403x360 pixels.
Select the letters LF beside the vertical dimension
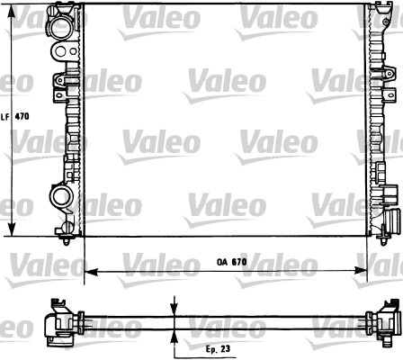click(5, 116)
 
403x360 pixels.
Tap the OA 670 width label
click(231, 262)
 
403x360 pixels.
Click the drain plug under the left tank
click(70, 238)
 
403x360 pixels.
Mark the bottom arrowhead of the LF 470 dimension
click(10, 232)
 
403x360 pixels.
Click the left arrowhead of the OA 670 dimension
click(88, 270)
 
